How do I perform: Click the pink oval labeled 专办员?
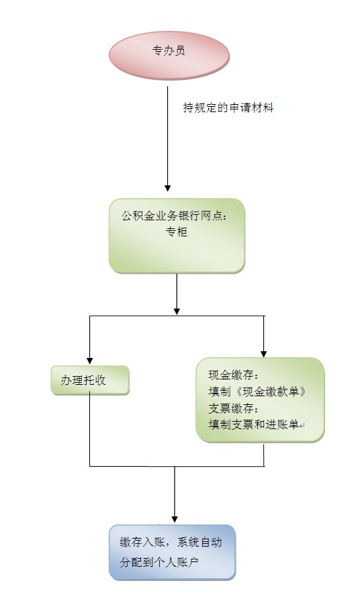pos(169,55)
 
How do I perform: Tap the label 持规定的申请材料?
pos(228,108)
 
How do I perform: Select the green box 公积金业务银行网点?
pos(177,236)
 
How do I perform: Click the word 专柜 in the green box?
pos(177,232)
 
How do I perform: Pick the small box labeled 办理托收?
pos(90,380)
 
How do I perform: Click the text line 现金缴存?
pos(233,375)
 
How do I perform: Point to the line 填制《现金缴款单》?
pos(257,392)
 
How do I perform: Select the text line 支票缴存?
pos(233,408)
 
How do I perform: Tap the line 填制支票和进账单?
pos(254,424)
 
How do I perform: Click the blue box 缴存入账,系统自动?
pos(172,553)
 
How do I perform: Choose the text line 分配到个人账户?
pos(159,562)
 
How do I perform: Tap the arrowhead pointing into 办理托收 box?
pos(90,361)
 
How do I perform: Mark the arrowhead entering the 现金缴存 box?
pos(263,354)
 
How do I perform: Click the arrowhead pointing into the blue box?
pos(175,519)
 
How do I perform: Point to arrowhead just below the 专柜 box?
pos(177,312)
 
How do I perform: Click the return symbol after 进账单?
pos(302,426)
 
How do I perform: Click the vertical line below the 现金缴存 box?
pos(263,455)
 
